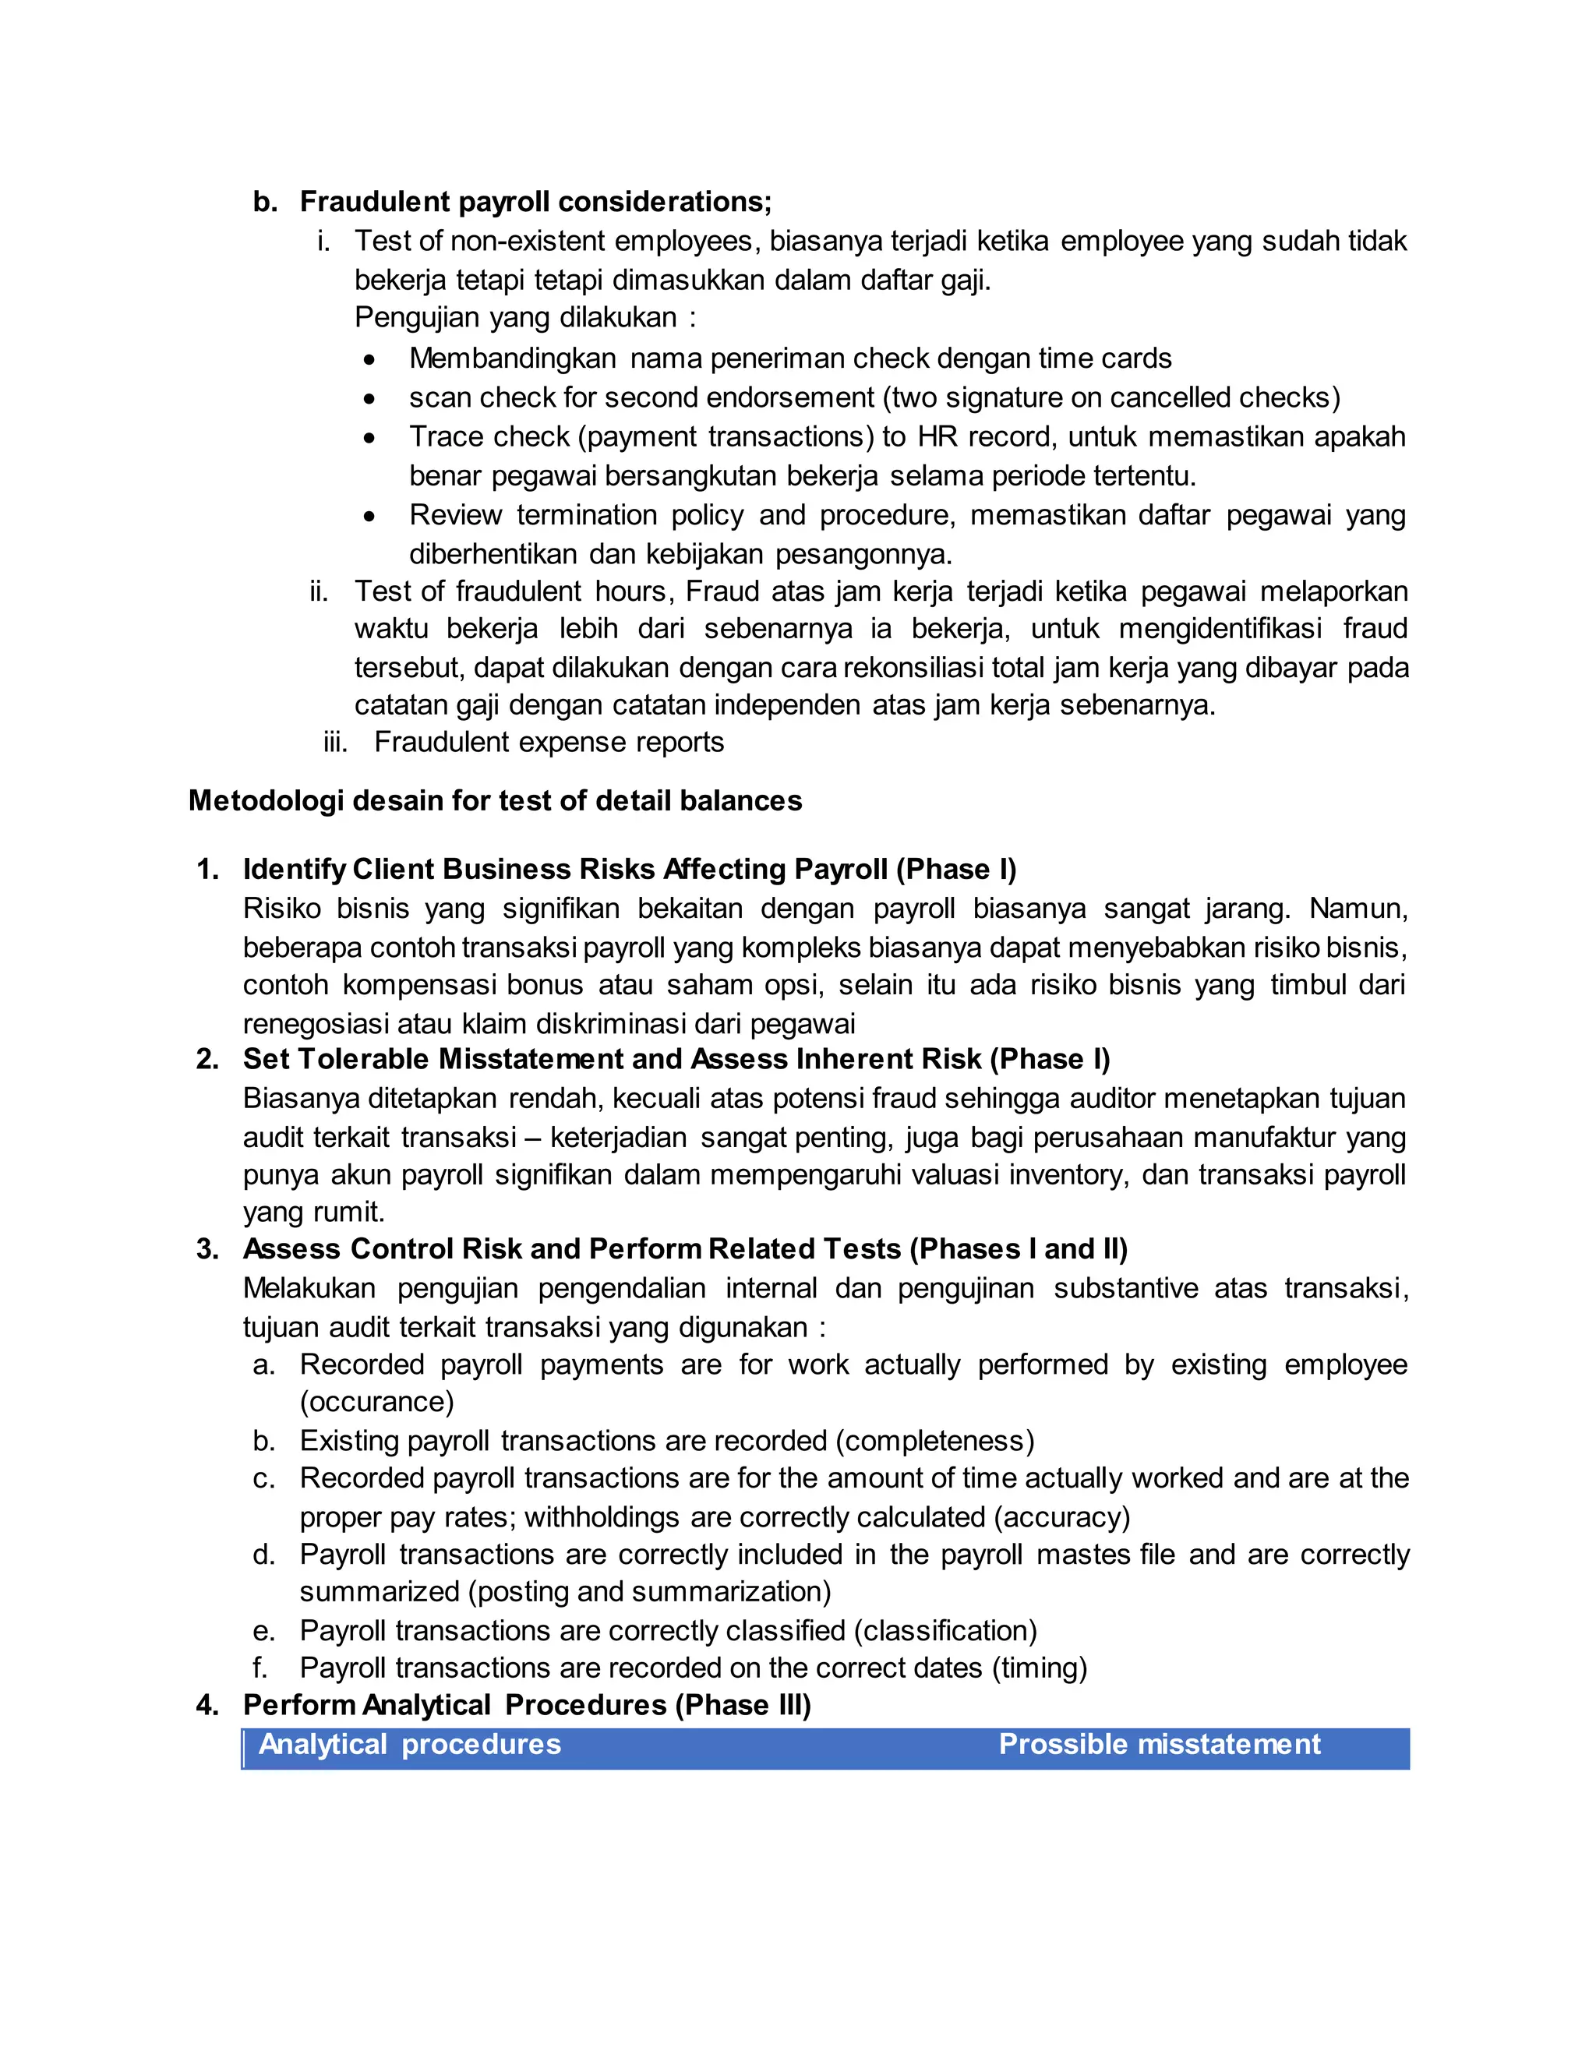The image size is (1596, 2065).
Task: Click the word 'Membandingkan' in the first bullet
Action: (513, 358)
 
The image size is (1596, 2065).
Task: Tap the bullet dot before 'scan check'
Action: (369, 399)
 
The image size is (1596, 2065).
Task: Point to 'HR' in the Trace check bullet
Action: (937, 437)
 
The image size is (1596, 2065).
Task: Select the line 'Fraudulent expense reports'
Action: (549, 742)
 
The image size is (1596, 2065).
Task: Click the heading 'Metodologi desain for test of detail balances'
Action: (495, 801)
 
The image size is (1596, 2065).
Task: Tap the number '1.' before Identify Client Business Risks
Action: (207, 870)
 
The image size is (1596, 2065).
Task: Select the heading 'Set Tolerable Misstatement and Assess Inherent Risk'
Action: (612, 1059)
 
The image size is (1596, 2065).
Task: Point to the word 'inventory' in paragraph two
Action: (1064, 1175)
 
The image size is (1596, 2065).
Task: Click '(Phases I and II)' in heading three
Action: (1019, 1249)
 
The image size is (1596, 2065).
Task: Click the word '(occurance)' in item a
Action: (376, 1402)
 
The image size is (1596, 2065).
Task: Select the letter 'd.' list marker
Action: (264, 1555)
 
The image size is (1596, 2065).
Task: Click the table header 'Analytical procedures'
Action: (409, 1745)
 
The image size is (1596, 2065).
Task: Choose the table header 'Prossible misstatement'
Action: (1158, 1745)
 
